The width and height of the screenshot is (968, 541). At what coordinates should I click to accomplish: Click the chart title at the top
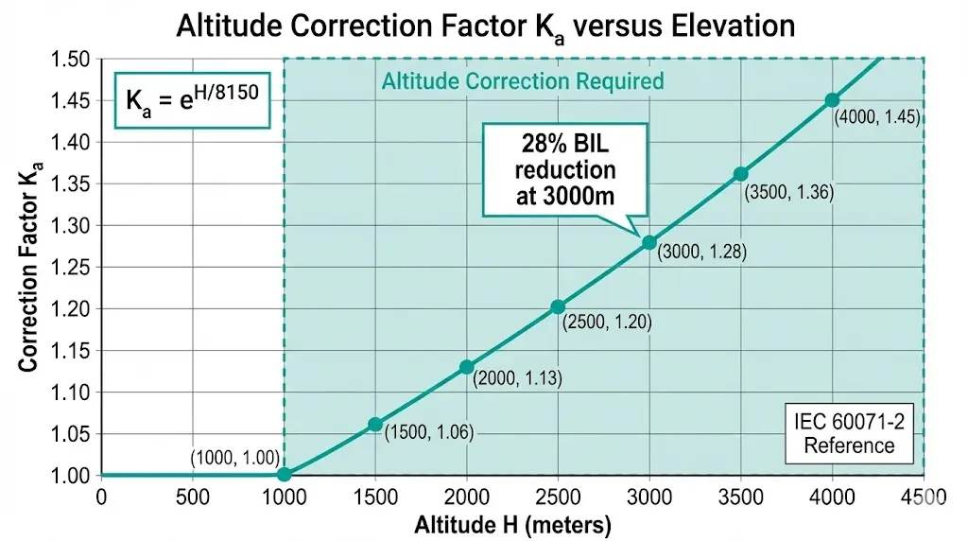pyautogui.click(x=483, y=26)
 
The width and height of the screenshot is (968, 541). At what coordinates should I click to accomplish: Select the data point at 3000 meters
pyautogui.click(x=648, y=242)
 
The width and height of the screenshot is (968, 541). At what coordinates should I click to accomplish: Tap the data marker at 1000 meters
pyautogui.click(x=284, y=475)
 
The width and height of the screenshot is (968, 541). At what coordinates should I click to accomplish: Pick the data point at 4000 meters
pyautogui.click(x=832, y=100)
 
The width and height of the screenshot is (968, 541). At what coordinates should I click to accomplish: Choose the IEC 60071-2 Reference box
pyautogui.click(x=848, y=434)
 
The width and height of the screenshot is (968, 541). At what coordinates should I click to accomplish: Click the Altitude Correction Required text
pyautogui.click(x=522, y=81)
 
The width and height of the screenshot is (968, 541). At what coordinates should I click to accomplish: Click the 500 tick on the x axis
pyautogui.click(x=192, y=497)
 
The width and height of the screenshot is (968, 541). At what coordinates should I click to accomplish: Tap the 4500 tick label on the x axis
pyautogui.click(x=924, y=497)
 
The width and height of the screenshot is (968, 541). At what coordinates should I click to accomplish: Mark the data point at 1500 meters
pyautogui.click(x=375, y=425)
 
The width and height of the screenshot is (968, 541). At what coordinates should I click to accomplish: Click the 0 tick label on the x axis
pyautogui.click(x=101, y=497)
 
